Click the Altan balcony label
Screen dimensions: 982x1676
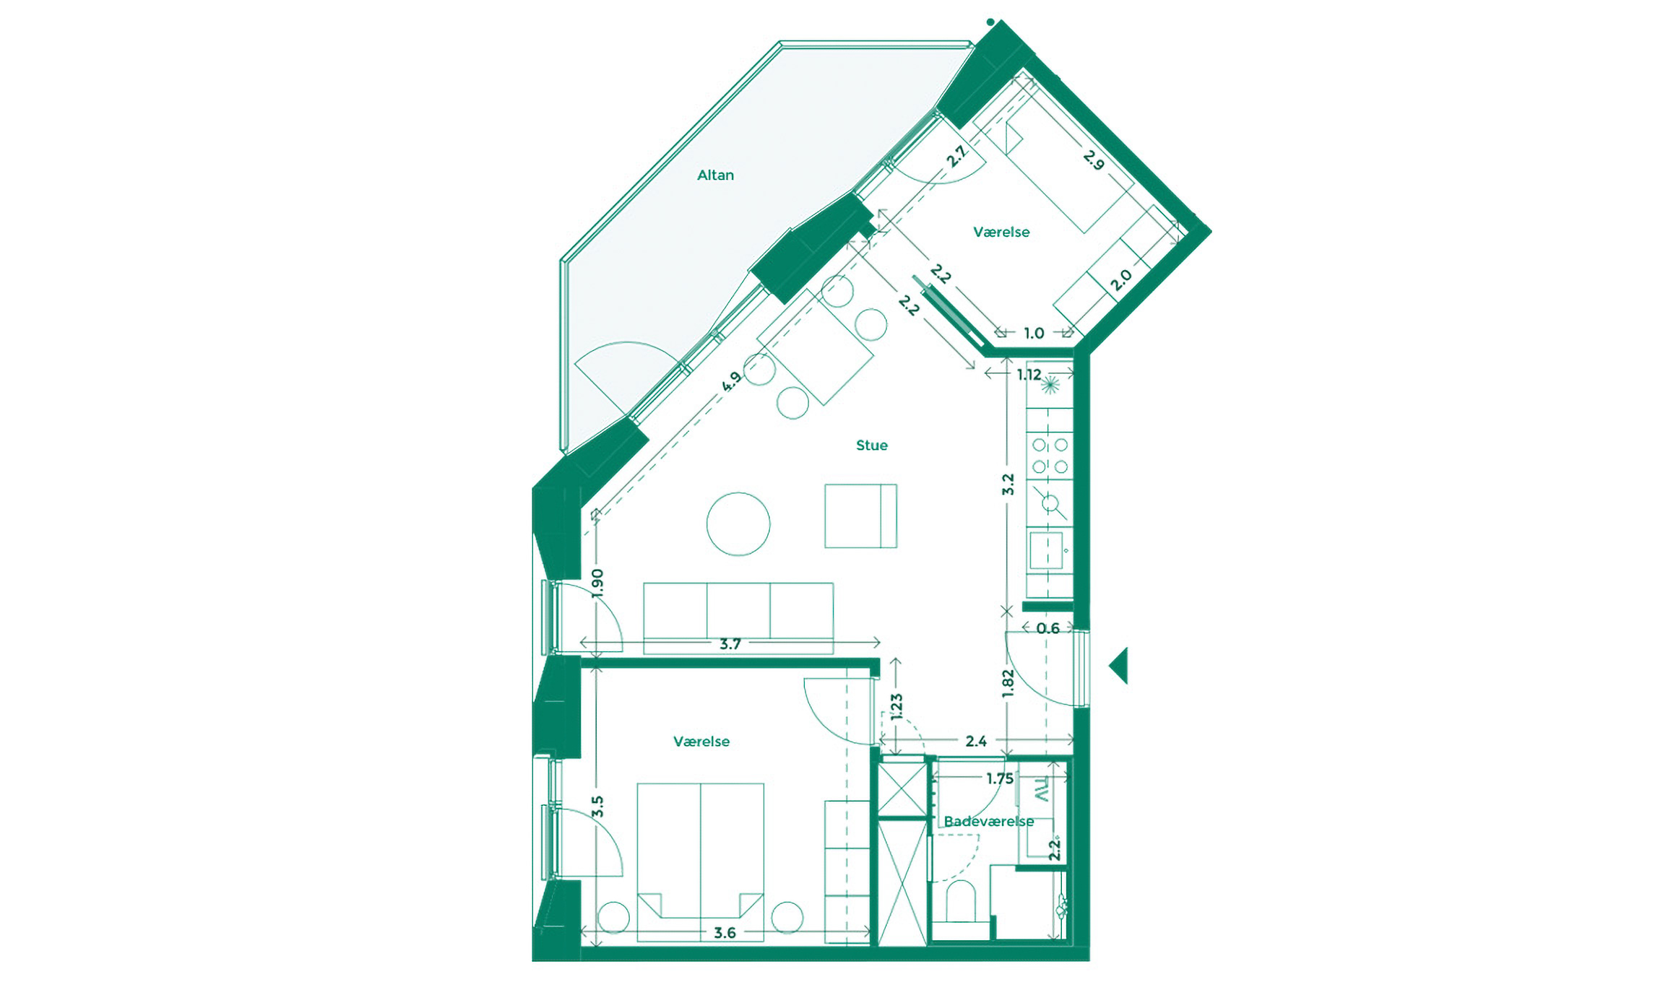tap(715, 175)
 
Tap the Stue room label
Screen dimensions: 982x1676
tap(871, 446)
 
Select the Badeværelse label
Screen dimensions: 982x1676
tap(988, 822)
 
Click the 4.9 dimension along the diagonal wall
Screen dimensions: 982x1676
tap(732, 381)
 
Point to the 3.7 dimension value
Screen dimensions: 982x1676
tap(730, 643)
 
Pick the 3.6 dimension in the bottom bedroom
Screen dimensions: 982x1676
tap(725, 933)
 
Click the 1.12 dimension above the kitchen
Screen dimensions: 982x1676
tap(1029, 374)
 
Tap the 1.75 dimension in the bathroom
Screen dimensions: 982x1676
tap(1000, 779)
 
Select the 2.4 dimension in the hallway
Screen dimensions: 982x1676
tap(976, 741)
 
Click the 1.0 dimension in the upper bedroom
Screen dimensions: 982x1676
tap(1034, 333)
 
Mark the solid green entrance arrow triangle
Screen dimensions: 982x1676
tap(1120, 665)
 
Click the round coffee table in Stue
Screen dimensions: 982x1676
tap(738, 523)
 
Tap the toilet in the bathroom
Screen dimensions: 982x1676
tap(960, 902)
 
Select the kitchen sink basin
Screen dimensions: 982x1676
tap(1045, 551)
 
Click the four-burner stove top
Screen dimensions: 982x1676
tap(1050, 456)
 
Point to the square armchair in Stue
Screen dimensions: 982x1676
tap(860, 516)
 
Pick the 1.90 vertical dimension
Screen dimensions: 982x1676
tap(597, 583)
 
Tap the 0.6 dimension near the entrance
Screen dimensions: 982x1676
tap(1047, 629)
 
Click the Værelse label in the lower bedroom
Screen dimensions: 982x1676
tap(701, 742)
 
